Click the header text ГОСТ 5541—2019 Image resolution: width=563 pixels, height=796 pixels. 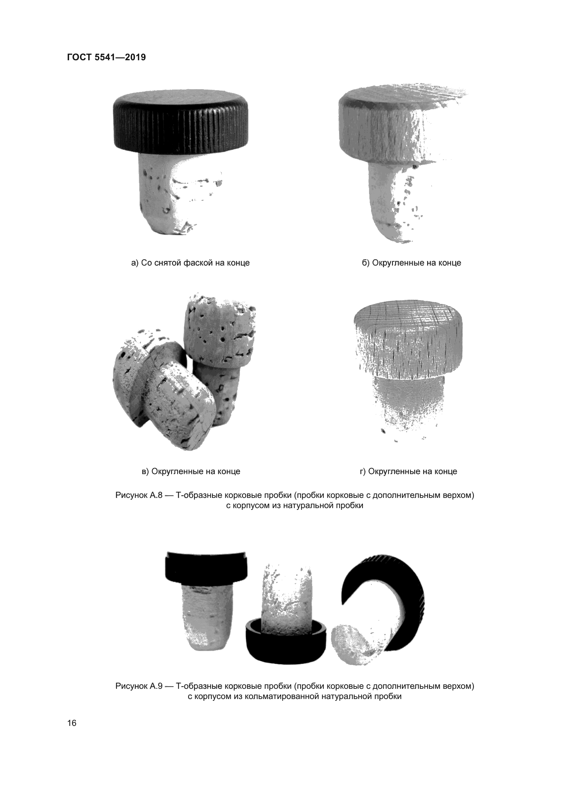106,57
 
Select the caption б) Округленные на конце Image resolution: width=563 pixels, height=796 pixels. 412,263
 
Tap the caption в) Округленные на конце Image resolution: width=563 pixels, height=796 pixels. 191,471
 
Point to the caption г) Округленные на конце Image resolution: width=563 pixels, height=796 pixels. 408,471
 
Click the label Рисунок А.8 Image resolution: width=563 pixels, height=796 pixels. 139,496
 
